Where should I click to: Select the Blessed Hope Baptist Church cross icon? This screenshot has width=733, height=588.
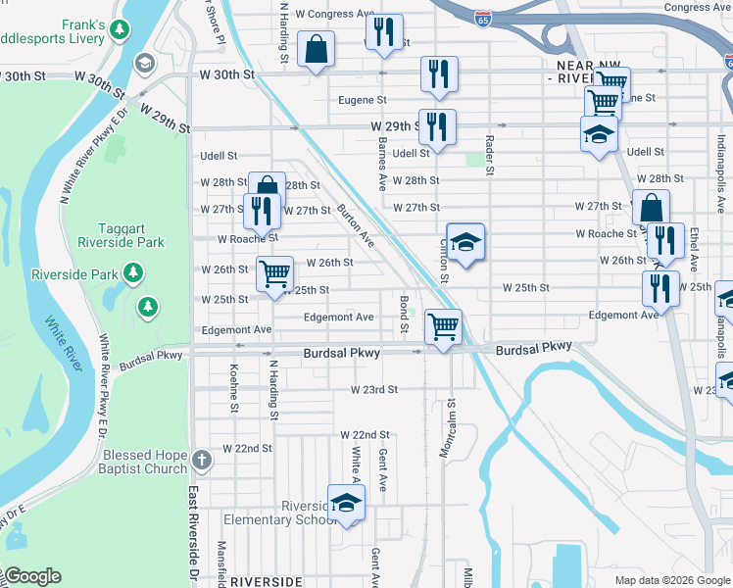coord(201,460)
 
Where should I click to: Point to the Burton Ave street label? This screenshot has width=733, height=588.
coord(356,224)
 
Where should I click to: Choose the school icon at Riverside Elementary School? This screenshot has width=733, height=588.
coord(345,502)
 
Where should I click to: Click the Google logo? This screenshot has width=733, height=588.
coord(31,577)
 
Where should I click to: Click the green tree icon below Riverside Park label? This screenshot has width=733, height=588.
coord(147,307)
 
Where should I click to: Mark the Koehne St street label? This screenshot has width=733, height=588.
coord(234,382)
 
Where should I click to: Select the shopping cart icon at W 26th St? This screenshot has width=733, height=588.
coord(275,272)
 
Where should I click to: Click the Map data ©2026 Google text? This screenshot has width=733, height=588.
coord(671,579)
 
